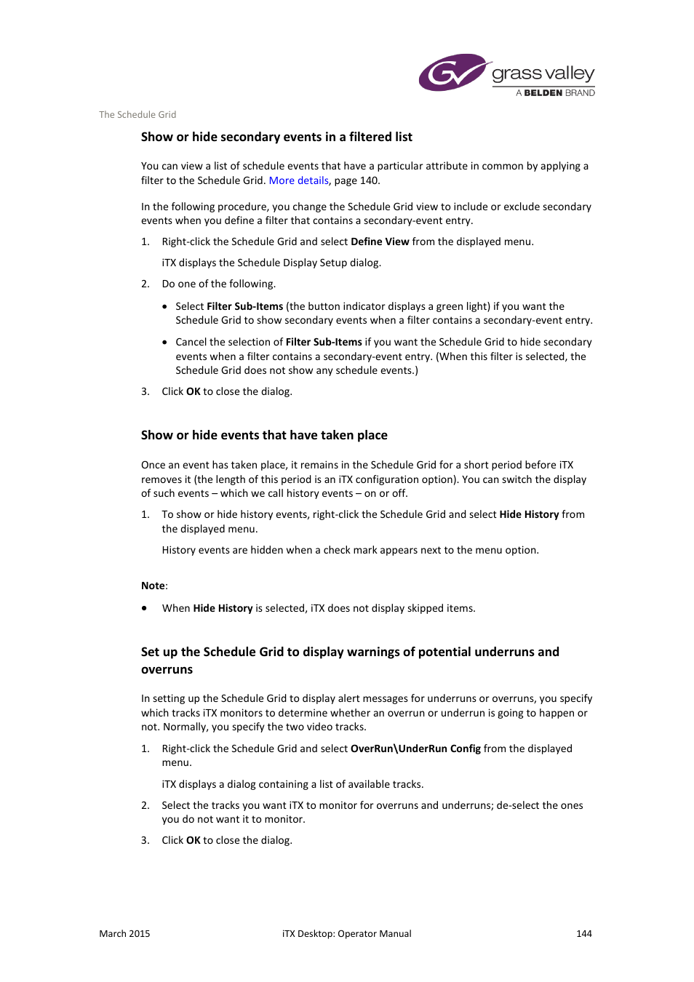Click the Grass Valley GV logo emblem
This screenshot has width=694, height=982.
(452, 73)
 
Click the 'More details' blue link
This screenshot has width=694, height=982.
(298, 180)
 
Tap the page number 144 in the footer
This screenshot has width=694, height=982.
(583, 933)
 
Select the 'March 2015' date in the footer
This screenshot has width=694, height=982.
(124, 933)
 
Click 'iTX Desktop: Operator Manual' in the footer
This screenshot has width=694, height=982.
(346, 933)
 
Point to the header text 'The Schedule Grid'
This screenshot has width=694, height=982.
(137, 114)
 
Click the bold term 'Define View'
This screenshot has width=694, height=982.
(380, 241)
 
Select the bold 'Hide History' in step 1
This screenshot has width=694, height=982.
(529, 514)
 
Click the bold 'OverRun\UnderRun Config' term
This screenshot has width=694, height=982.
(415, 749)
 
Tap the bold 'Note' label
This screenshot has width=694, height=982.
(153, 586)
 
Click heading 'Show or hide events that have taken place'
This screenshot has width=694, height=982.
(264, 435)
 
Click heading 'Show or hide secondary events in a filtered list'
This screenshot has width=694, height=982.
(276, 137)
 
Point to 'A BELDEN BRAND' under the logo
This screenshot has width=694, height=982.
(555, 93)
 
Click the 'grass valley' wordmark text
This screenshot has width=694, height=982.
(543, 73)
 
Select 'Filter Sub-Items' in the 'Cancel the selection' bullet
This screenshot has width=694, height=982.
(324, 342)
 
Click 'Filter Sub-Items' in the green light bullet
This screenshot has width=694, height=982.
(244, 306)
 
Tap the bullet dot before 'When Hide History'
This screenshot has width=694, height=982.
(145, 608)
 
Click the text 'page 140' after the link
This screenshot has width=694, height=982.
(356, 180)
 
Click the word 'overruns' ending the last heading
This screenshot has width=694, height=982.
(167, 669)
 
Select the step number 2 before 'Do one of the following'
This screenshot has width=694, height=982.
(145, 284)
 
